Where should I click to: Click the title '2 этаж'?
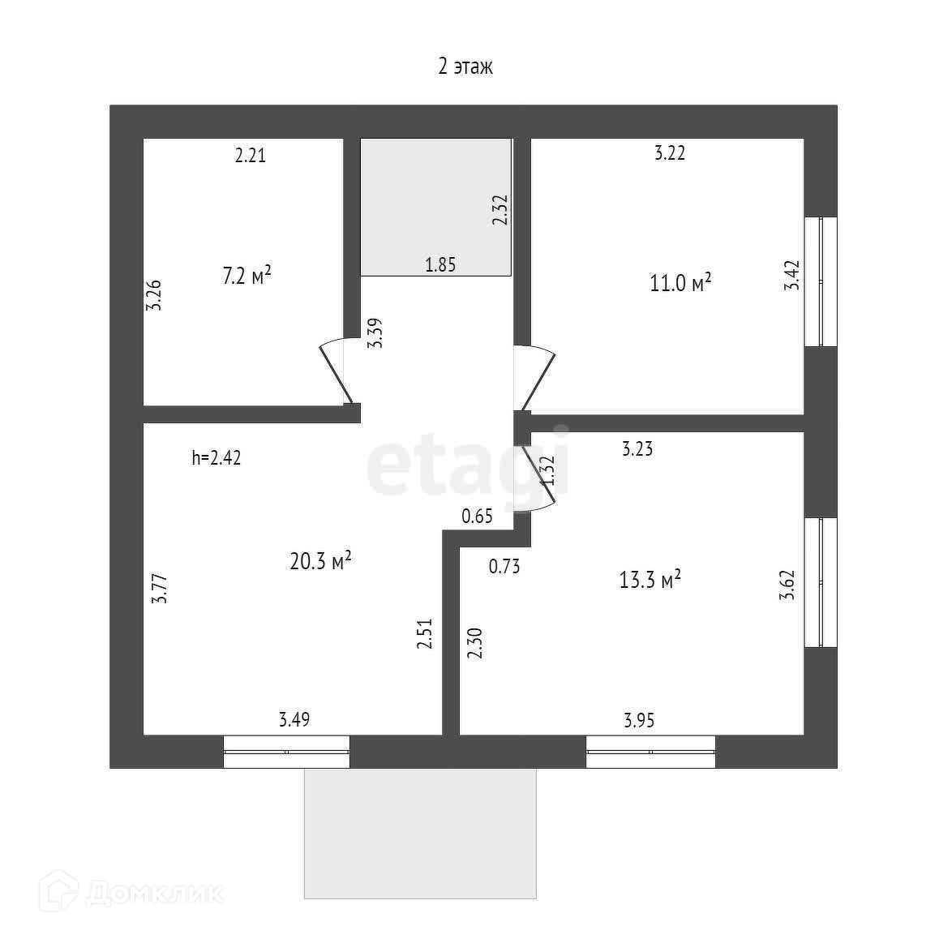pos(465,66)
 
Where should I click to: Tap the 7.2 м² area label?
pos(247,276)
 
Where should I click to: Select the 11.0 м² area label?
pos(680,283)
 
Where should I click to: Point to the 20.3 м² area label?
pos(320,560)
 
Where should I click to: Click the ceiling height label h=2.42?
pos(216,457)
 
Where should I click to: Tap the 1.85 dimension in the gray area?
pos(440,264)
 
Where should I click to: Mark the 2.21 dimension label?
pos(251,155)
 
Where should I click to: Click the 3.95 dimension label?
pos(639,719)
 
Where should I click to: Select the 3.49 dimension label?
pos(294,719)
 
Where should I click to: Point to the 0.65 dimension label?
pos(477,517)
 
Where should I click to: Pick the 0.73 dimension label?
pos(504,567)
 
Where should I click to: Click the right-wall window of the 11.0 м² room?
pos(820,281)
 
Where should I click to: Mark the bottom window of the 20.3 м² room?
pos(286,752)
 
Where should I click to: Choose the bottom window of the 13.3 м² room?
pos(650,752)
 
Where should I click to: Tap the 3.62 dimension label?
pos(786,585)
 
